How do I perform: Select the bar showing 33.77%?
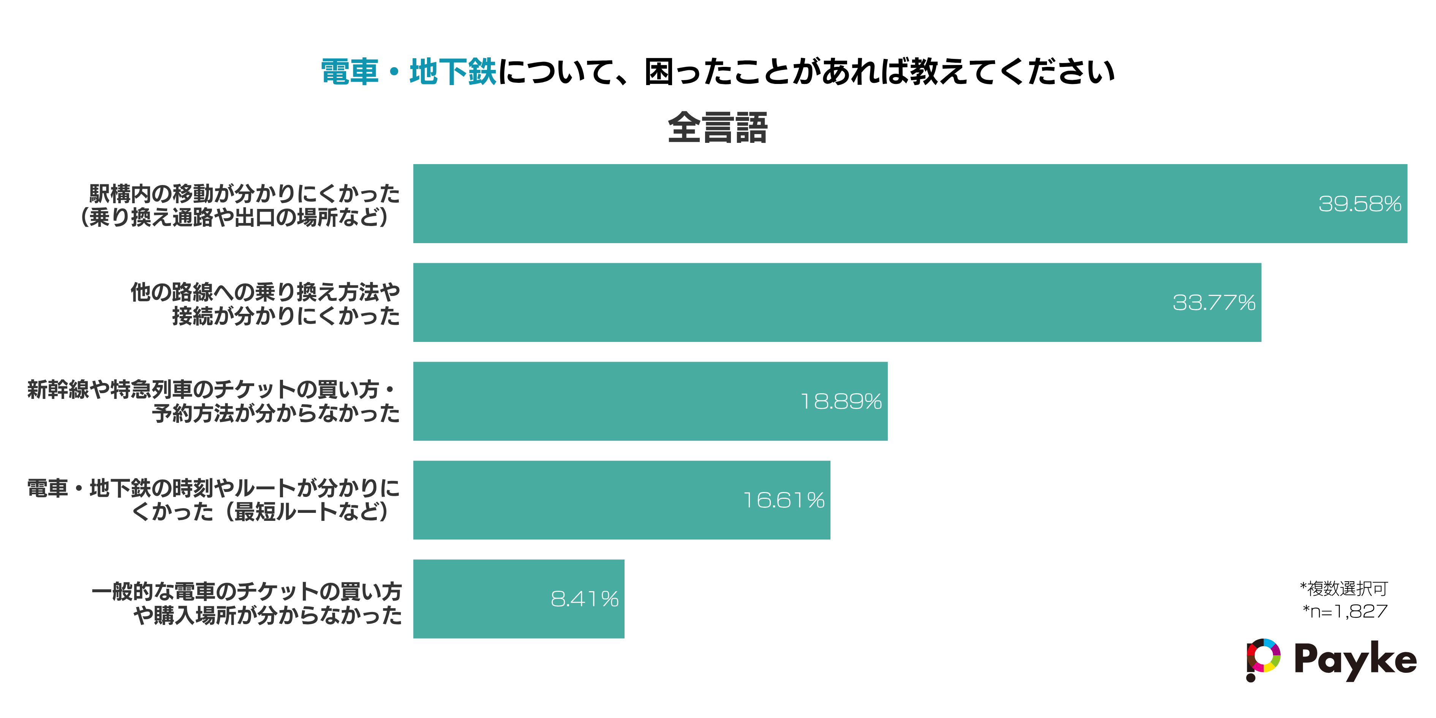836,303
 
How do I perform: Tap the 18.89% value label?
841,402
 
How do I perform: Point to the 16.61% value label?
784,500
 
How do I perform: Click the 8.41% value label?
584,599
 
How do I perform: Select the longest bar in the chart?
836,204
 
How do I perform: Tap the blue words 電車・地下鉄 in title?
408,73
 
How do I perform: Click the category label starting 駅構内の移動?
240,205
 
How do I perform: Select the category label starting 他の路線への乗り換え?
265,304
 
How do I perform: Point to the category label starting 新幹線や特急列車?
214,402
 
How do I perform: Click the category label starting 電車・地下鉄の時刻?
214,500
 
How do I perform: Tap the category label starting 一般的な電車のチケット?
247,603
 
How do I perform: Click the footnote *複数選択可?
1343,588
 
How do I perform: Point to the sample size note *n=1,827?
1344,612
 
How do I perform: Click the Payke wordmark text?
1355,660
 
